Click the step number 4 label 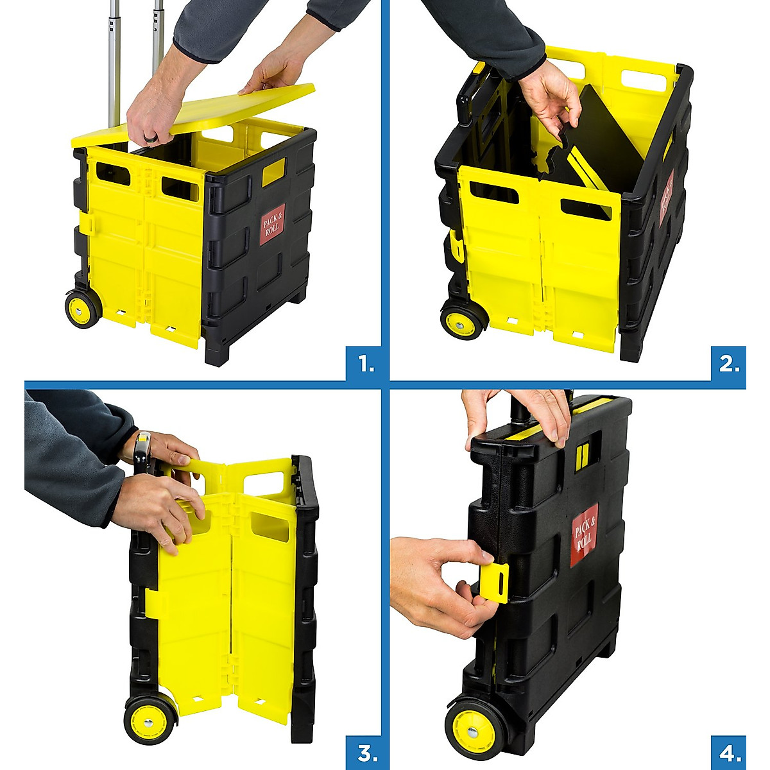(x=729, y=753)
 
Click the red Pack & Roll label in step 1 (x=272, y=225)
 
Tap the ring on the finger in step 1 (x=151, y=139)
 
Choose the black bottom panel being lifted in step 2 (x=590, y=148)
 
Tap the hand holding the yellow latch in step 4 (x=436, y=577)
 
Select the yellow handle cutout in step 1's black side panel (x=273, y=172)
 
